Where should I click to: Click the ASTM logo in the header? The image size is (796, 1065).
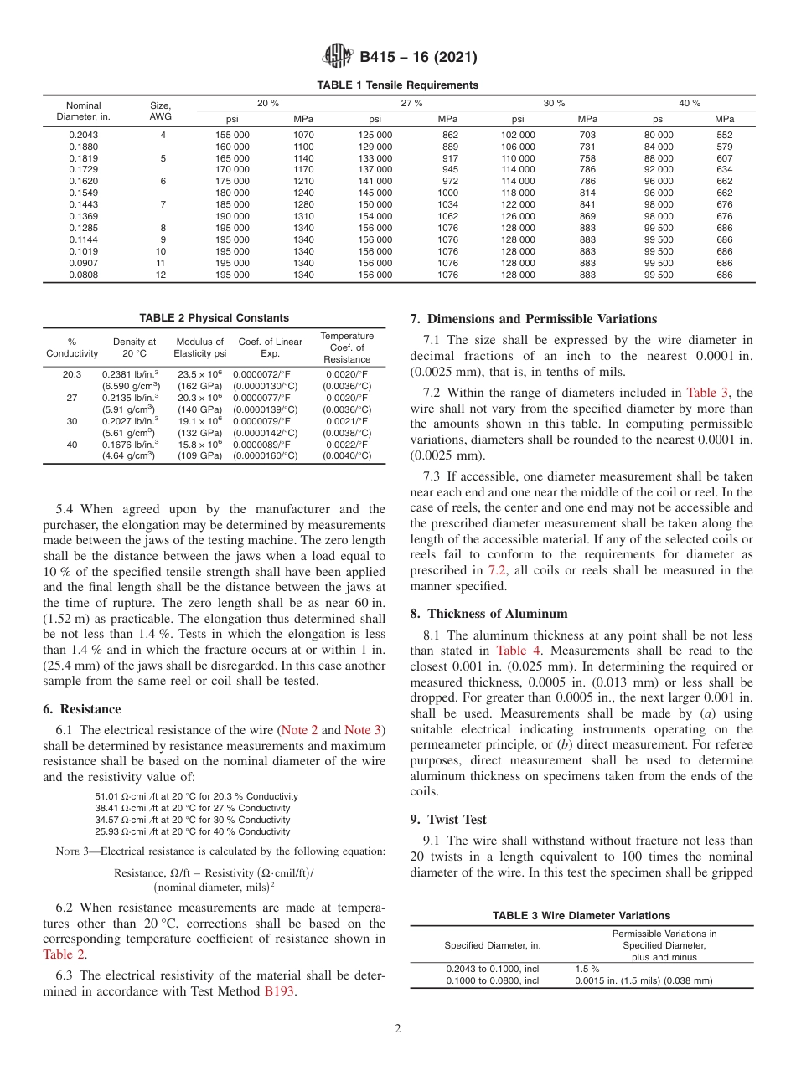pyautogui.click(x=338, y=58)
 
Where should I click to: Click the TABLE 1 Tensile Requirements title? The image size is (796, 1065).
pyautogui.click(x=397, y=85)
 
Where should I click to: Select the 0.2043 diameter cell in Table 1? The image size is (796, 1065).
pyautogui.click(x=83, y=134)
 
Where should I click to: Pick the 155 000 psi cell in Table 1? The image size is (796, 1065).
pyautogui.click(x=232, y=134)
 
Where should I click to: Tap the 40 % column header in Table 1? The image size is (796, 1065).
pyautogui.click(x=690, y=103)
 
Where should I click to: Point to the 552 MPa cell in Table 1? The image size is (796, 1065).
pyautogui.click(x=724, y=134)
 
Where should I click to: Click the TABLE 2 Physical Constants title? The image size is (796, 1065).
pyautogui.click(x=214, y=317)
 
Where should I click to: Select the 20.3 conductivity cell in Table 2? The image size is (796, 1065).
pyautogui.click(x=72, y=374)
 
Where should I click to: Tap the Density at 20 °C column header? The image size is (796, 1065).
pyautogui.click(x=134, y=347)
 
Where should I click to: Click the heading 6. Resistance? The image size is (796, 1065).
pyautogui.click(x=81, y=709)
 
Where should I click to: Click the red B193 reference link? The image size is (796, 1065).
pyautogui.click(x=280, y=992)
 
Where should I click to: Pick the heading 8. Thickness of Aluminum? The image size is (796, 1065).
pyautogui.click(x=489, y=613)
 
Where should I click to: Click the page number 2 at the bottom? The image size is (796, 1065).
pyautogui.click(x=398, y=1030)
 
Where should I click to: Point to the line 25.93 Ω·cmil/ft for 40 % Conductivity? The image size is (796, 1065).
pyautogui.click(x=193, y=831)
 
